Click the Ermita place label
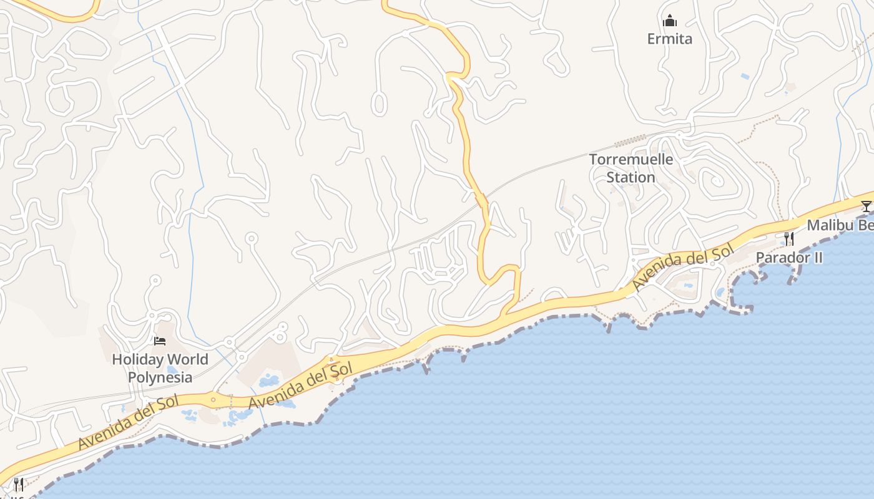click(669, 39)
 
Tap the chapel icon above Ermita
click(670, 21)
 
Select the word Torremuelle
click(631, 159)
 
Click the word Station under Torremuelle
click(631, 177)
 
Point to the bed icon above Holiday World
click(160, 341)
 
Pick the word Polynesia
click(160, 377)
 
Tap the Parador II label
click(789, 257)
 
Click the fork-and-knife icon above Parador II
click(789, 239)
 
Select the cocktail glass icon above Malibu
click(866, 206)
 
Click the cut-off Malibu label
click(840, 225)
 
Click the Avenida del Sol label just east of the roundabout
click(301, 385)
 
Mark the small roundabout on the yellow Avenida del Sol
click(214, 400)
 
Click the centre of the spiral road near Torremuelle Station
click(716, 182)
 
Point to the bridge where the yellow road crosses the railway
click(481, 201)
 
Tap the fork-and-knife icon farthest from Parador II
click(19, 484)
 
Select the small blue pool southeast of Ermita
click(745, 77)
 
